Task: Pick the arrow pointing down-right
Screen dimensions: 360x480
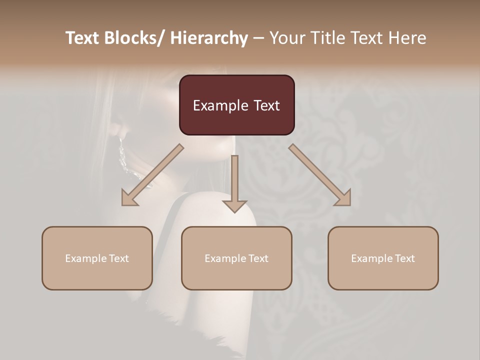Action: (320, 175)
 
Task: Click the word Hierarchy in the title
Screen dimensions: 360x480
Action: (209, 38)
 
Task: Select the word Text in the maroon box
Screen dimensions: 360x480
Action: (265, 106)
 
